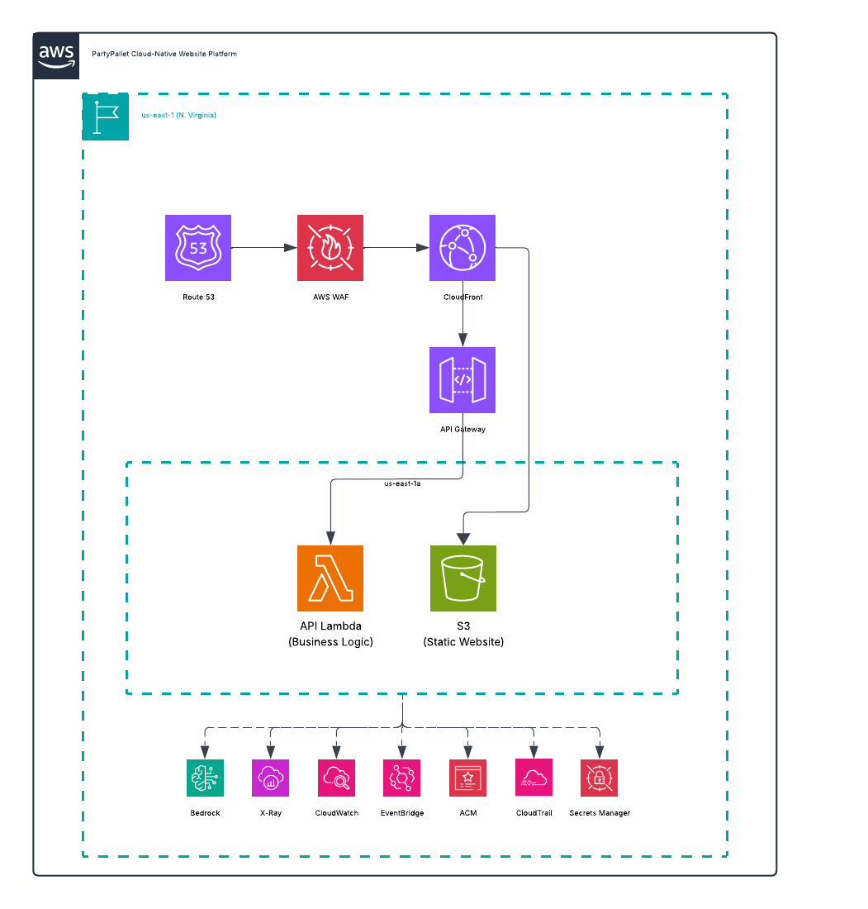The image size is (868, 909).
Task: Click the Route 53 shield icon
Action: click(x=198, y=248)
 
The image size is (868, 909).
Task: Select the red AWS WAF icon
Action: click(x=330, y=248)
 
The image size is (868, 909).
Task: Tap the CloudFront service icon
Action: click(x=462, y=248)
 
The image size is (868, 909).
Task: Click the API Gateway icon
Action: click(x=462, y=380)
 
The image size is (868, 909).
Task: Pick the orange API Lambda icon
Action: click(x=330, y=578)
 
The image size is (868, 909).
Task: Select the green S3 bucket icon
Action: click(x=463, y=578)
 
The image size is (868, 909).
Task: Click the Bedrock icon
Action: click(x=205, y=778)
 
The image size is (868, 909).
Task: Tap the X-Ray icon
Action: click(x=271, y=778)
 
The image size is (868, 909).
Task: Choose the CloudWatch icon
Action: click(x=337, y=778)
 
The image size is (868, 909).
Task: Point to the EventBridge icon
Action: click(x=402, y=778)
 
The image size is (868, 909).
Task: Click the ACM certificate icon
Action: click(x=468, y=778)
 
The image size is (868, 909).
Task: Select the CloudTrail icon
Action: click(x=534, y=778)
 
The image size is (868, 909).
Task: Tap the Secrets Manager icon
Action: click(x=600, y=778)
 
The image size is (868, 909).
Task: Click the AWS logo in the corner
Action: click(x=56, y=56)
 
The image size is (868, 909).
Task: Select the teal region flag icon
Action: click(x=106, y=117)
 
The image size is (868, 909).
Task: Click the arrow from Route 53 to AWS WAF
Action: click(x=264, y=248)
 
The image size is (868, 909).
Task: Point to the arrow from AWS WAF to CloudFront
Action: click(x=396, y=248)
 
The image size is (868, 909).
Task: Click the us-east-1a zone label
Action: click(x=403, y=483)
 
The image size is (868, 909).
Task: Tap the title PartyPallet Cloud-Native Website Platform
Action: click(x=164, y=54)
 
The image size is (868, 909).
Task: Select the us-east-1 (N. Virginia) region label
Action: click(x=179, y=116)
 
